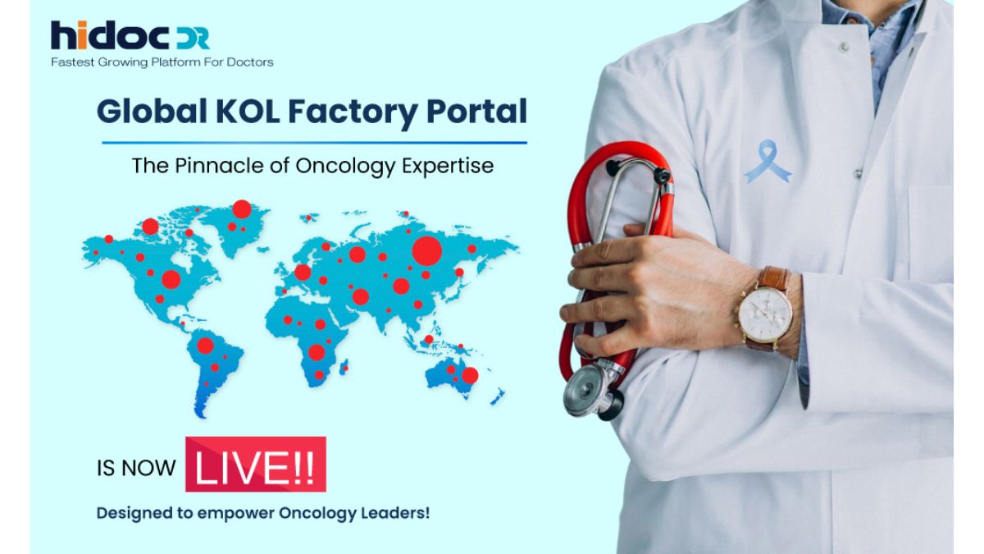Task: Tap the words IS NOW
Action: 136,468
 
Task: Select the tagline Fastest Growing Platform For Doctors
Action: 162,62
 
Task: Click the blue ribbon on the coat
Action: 767,161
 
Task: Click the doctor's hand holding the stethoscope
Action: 648,287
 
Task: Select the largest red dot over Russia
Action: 426,250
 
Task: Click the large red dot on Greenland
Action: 241,209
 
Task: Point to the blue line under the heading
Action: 314,143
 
